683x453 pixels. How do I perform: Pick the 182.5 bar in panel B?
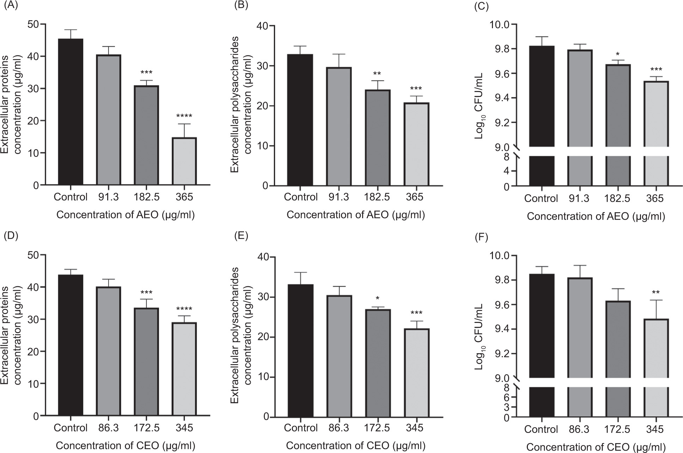tap(377, 138)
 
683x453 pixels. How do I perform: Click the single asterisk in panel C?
tap(618, 54)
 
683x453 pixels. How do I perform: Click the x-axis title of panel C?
tap(596, 217)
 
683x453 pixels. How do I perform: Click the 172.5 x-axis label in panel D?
tap(146, 428)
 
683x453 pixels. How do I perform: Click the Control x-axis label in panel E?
tap(300, 428)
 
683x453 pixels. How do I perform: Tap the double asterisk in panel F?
tap(657, 292)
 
